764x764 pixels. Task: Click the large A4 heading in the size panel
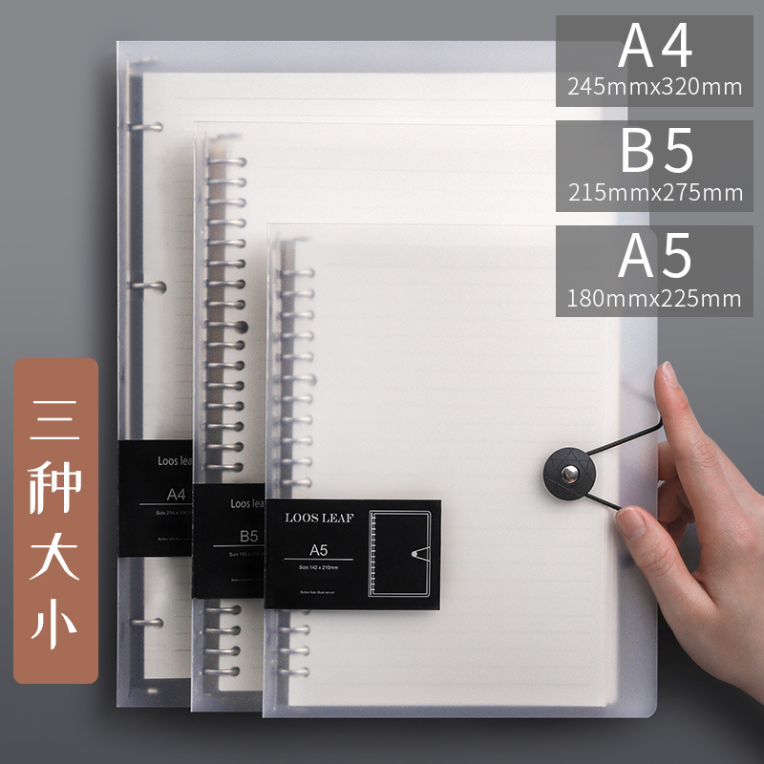tap(654, 47)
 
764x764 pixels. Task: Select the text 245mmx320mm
tap(654, 87)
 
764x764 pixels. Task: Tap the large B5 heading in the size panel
tap(656, 152)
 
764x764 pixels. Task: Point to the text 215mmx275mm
tap(654, 192)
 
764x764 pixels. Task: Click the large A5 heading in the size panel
tap(654, 257)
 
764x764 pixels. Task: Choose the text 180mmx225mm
tap(654, 298)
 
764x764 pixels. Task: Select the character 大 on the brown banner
tap(56, 553)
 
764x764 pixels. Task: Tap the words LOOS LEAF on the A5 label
tap(319, 518)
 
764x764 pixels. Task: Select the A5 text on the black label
tap(319, 549)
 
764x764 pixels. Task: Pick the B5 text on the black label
tap(249, 535)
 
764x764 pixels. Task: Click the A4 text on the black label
tap(176, 494)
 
